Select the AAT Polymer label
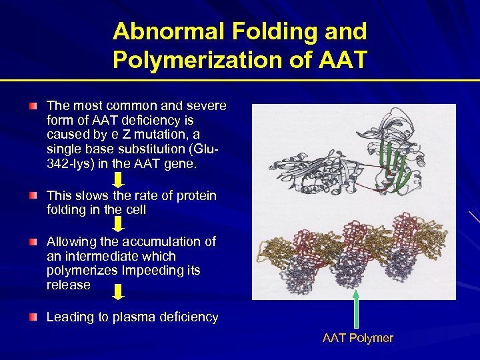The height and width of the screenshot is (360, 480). click(x=358, y=338)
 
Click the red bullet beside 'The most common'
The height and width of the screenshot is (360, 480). click(x=33, y=106)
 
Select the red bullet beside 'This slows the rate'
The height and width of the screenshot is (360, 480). click(x=33, y=195)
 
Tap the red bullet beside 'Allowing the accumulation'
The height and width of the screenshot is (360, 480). click(x=33, y=242)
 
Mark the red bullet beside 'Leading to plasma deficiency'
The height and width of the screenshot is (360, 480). click(x=33, y=317)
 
